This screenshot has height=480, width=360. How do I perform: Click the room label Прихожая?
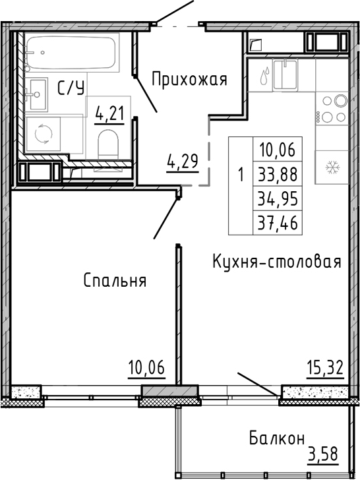(x=189, y=80)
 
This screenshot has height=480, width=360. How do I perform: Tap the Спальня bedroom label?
(x=115, y=280)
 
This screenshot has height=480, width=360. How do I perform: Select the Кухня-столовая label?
(x=276, y=262)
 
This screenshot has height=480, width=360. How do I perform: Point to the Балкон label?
(x=277, y=438)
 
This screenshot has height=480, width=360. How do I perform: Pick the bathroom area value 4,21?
(x=110, y=115)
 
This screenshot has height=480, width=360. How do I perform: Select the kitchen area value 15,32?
(x=325, y=367)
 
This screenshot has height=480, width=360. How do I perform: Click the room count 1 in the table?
(x=241, y=175)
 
